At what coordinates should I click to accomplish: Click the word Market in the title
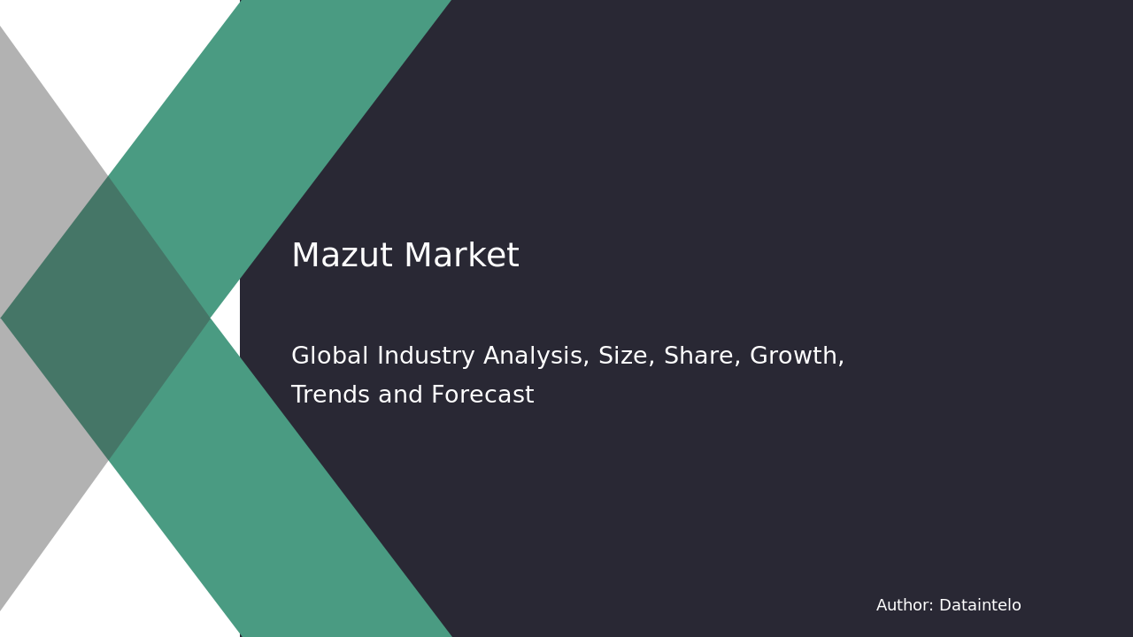462,255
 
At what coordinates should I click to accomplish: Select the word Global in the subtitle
329,356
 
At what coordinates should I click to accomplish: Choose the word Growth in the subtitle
794,356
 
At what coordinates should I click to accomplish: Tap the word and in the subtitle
400,395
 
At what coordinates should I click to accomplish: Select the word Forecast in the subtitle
482,395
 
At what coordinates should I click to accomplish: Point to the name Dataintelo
980,605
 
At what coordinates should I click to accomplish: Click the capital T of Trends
298,395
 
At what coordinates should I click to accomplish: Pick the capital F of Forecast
438,395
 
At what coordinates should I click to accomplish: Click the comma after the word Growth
841,363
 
